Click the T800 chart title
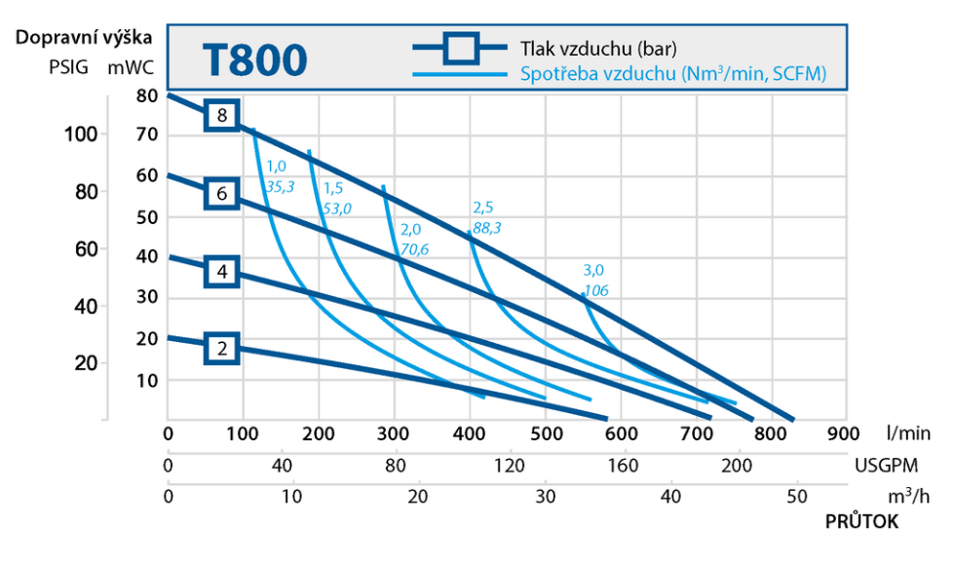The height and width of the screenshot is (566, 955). click(x=254, y=60)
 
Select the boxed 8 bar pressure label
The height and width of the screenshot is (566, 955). click(x=222, y=115)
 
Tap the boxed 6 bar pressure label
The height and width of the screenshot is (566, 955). click(x=222, y=194)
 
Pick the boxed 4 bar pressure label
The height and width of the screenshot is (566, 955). click(x=222, y=272)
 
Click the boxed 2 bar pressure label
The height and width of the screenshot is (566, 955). click(x=222, y=348)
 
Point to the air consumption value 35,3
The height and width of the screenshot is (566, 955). click(x=281, y=186)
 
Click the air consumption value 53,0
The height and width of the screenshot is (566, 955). click(x=337, y=208)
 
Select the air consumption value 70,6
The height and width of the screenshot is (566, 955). click(x=414, y=249)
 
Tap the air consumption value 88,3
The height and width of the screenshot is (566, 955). click(x=486, y=228)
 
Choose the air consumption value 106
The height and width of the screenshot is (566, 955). click(x=596, y=290)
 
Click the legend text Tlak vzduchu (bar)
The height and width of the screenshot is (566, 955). click(x=598, y=49)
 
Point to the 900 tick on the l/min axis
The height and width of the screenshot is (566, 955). click(x=843, y=434)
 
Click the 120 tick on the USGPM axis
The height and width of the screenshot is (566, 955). click(x=509, y=466)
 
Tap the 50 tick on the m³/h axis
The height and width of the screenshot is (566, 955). click(x=797, y=497)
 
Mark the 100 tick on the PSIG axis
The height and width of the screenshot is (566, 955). click(x=81, y=133)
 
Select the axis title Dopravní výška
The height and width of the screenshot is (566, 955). click(x=84, y=37)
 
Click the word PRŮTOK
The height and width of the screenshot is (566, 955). click(x=861, y=521)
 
